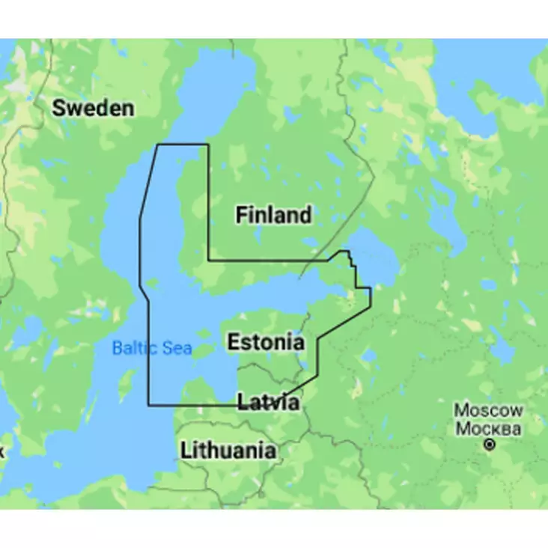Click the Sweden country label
click(94, 109)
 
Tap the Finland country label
click(273, 216)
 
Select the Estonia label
click(266, 343)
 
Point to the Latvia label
click(269, 403)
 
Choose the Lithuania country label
click(228, 451)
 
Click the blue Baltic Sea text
click(152, 348)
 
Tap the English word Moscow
click(489, 410)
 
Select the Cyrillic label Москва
click(489, 429)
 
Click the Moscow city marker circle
click(490, 445)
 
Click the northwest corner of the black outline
click(156, 144)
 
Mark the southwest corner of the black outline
click(148, 405)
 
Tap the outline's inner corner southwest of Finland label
click(208, 261)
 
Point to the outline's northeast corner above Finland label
click(208, 144)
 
